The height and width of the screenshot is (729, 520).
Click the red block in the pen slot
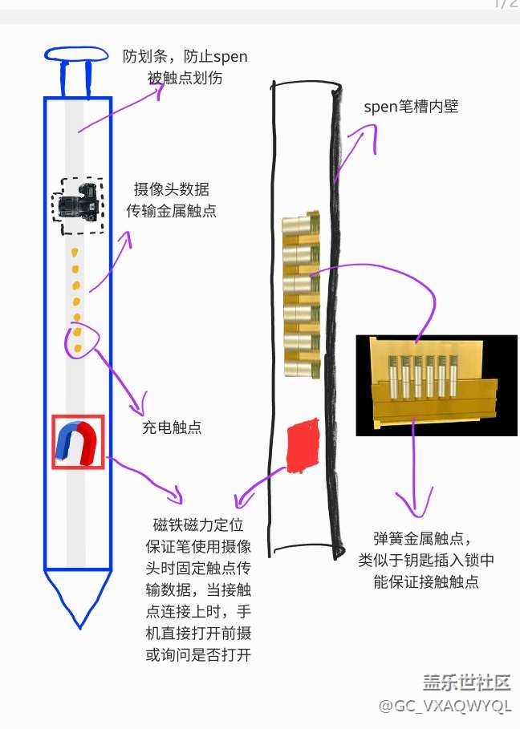(x=302, y=444)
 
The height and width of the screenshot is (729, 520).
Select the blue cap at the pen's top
(x=76, y=55)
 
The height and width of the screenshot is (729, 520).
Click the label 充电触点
(x=172, y=427)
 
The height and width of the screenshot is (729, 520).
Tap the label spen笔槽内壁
(x=411, y=107)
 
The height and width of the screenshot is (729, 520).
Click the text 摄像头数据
(x=172, y=190)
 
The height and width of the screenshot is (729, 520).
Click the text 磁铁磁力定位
(x=196, y=526)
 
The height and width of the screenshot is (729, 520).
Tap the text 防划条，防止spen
(x=185, y=56)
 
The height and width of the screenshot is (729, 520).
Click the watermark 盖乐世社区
(x=466, y=682)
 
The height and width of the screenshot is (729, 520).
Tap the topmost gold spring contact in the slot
(x=301, y=225)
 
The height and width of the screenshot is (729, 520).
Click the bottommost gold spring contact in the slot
(x=301, y=365)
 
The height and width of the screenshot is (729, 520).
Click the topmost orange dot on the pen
(x=75, y=253)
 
